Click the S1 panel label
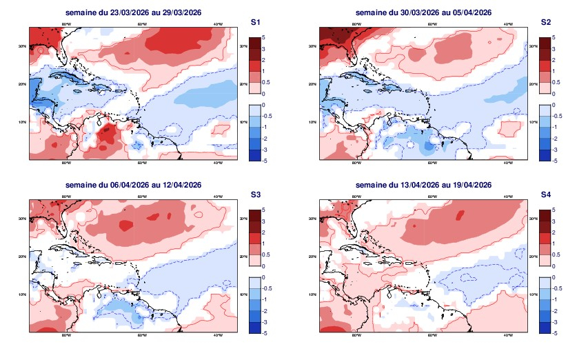point(255,23)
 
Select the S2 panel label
point(546,23)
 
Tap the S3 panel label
point(255,195)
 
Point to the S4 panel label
point(546,195)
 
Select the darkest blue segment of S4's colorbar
point(545,328)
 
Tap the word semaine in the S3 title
point(80,185)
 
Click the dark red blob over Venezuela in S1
point(105,132)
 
